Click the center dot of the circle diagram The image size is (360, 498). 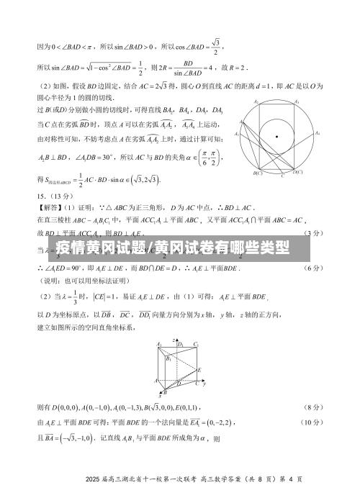tap(277, 136)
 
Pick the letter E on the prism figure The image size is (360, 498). tap(199, 370)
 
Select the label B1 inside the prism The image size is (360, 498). tap(168, 358)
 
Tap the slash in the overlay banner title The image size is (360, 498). tap(168, 249)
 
